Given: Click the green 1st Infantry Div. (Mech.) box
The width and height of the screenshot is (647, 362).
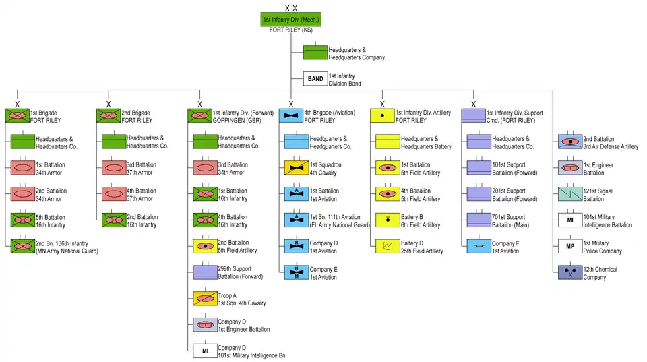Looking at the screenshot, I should click(x=290, y=20).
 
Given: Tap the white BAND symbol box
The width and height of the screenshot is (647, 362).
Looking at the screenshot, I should click(x=315, y=79).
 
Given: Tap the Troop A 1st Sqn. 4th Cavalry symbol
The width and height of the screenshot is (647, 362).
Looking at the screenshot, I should click(x=205, y=299).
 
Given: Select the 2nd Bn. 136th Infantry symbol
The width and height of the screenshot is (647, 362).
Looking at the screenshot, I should click(x=22, y=246).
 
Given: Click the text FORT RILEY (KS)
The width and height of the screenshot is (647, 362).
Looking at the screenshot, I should click(x=290, y=31).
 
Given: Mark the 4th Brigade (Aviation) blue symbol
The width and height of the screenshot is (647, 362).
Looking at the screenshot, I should click(x=291, y=115).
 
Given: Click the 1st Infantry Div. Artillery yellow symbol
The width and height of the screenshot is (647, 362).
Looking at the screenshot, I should click(x=382, y=115).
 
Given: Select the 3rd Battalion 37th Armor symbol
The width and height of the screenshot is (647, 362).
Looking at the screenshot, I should click(x=113, y=168).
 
